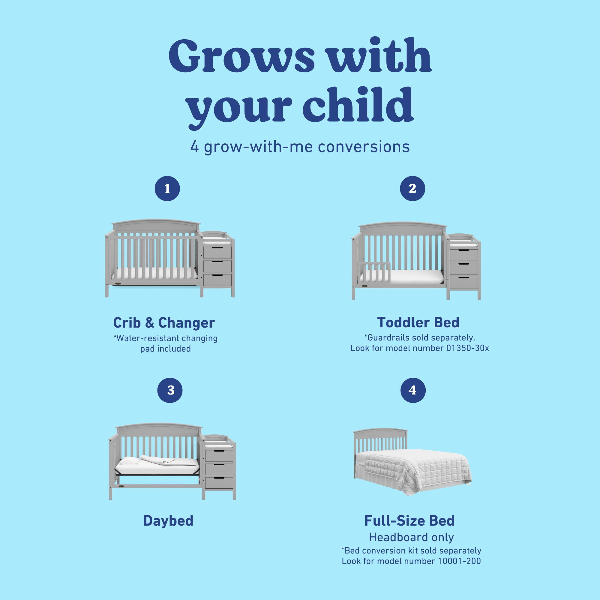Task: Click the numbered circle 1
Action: pos(167,188)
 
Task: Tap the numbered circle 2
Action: pos(412,188)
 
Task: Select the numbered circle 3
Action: pos(170,390)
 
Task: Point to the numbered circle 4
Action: pos(413,390)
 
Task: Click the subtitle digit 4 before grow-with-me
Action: pos(194,147)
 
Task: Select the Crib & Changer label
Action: pos(164,323)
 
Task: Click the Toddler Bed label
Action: pos(418,322)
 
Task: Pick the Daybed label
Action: pos(168,521)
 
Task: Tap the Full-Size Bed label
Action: pos(409,521)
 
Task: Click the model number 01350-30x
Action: pos(468,348)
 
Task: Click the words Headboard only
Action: pos(411,537)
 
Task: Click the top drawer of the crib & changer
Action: pos(217,253)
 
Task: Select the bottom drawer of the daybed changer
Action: pos(219,483)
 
